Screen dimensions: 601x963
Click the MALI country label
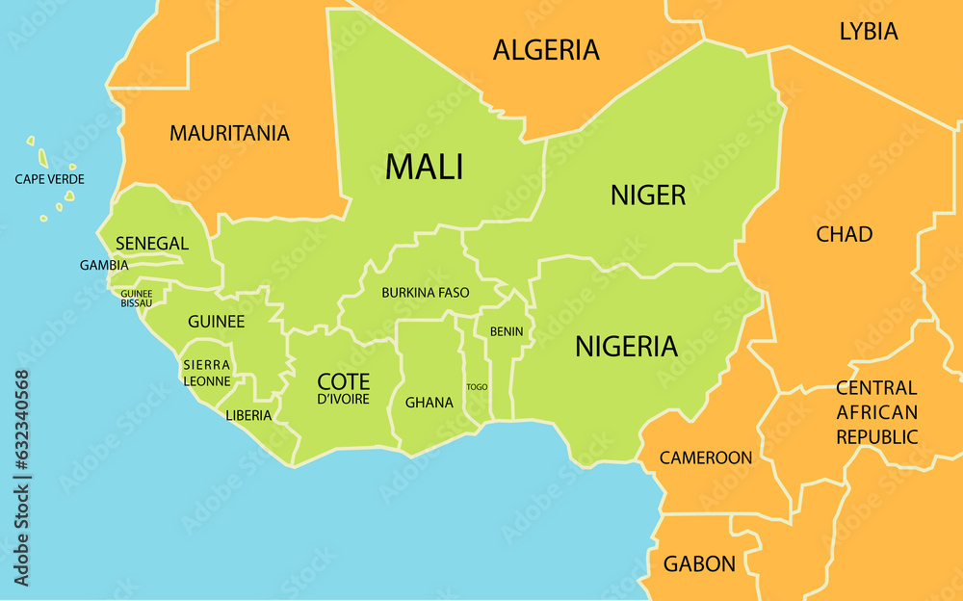coord(424,167)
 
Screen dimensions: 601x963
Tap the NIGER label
coord(648,196)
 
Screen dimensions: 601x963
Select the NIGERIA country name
coord(626,347)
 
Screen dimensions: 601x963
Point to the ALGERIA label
coord(546,50)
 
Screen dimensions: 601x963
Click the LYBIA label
coord(869,31)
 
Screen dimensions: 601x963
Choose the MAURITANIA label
coord(229,134)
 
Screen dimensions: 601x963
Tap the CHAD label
coord(844,234)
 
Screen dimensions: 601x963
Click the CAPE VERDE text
coord(49,179)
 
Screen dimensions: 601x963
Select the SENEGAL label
coord(151,244)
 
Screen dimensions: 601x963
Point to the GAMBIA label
coord(104,265)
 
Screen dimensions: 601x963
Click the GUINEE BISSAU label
coord(136,299)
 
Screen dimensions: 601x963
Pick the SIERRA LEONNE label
coord(207,373)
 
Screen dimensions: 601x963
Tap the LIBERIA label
coord(248,416)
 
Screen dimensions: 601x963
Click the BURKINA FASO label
coord(426,292)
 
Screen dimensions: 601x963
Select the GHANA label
coord(429,403)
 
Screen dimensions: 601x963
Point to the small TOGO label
coord(477,387)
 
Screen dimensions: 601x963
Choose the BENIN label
coord(507,331)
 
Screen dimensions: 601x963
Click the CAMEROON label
coord(705,457)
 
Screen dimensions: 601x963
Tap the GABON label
coord(699,564)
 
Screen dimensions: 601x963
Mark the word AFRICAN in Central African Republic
coord(876,412)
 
